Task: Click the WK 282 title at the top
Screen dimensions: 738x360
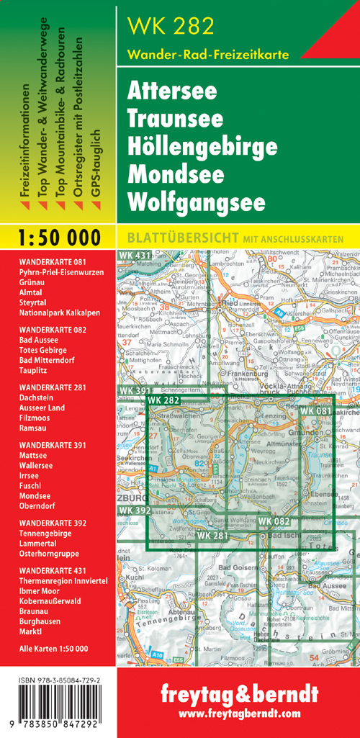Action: (171, 27)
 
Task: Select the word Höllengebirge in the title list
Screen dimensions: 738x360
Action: (202, 147)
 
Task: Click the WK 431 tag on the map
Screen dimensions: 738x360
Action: (135, 256)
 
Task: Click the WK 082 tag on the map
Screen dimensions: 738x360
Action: (274, 521)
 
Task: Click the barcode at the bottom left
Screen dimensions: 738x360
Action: (58, 721)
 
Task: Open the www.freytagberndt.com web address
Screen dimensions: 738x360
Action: (238, 714)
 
